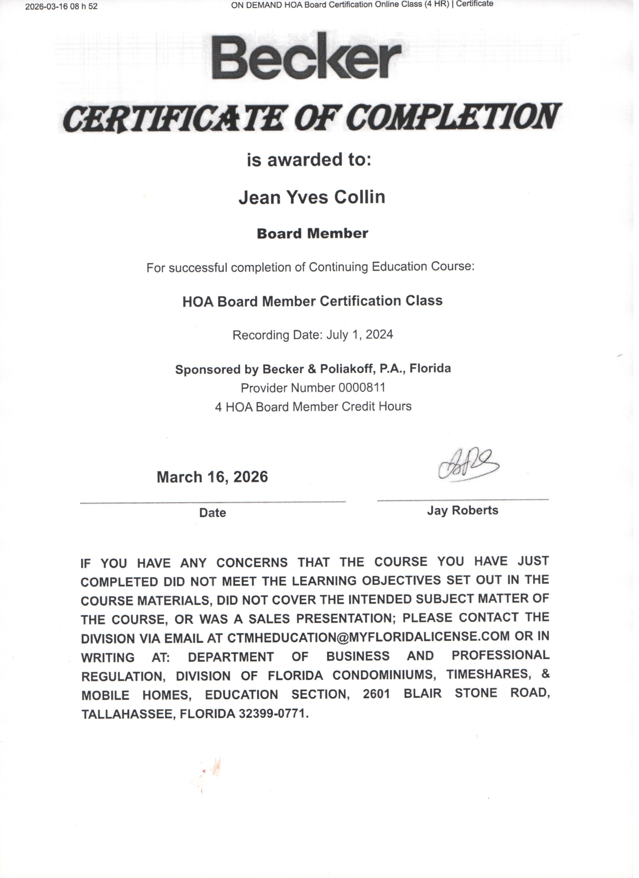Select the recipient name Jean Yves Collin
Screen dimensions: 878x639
click(312, 197)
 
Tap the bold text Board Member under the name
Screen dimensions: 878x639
click(312, 234)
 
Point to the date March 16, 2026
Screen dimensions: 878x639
click(212, 477)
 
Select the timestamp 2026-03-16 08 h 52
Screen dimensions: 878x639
click(61, 7)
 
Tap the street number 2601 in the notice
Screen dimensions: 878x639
click(376, 694)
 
